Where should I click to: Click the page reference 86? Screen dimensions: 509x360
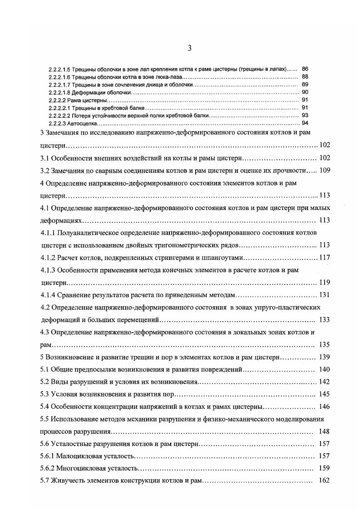pyautogui.click(x=305, y=69)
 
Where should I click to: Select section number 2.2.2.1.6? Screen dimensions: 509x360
pyautogui.click(x=59, y=77)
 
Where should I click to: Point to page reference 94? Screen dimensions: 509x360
pyautogui.click(x=305, y=123)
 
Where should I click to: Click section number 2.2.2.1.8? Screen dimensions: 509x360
pyautogui.click(x=59, y=92)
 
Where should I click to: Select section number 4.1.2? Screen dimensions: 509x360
pyautogui.click(x=48, y=258)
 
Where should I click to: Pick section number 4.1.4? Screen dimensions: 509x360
pyautogui.click(x=48, y=295)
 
